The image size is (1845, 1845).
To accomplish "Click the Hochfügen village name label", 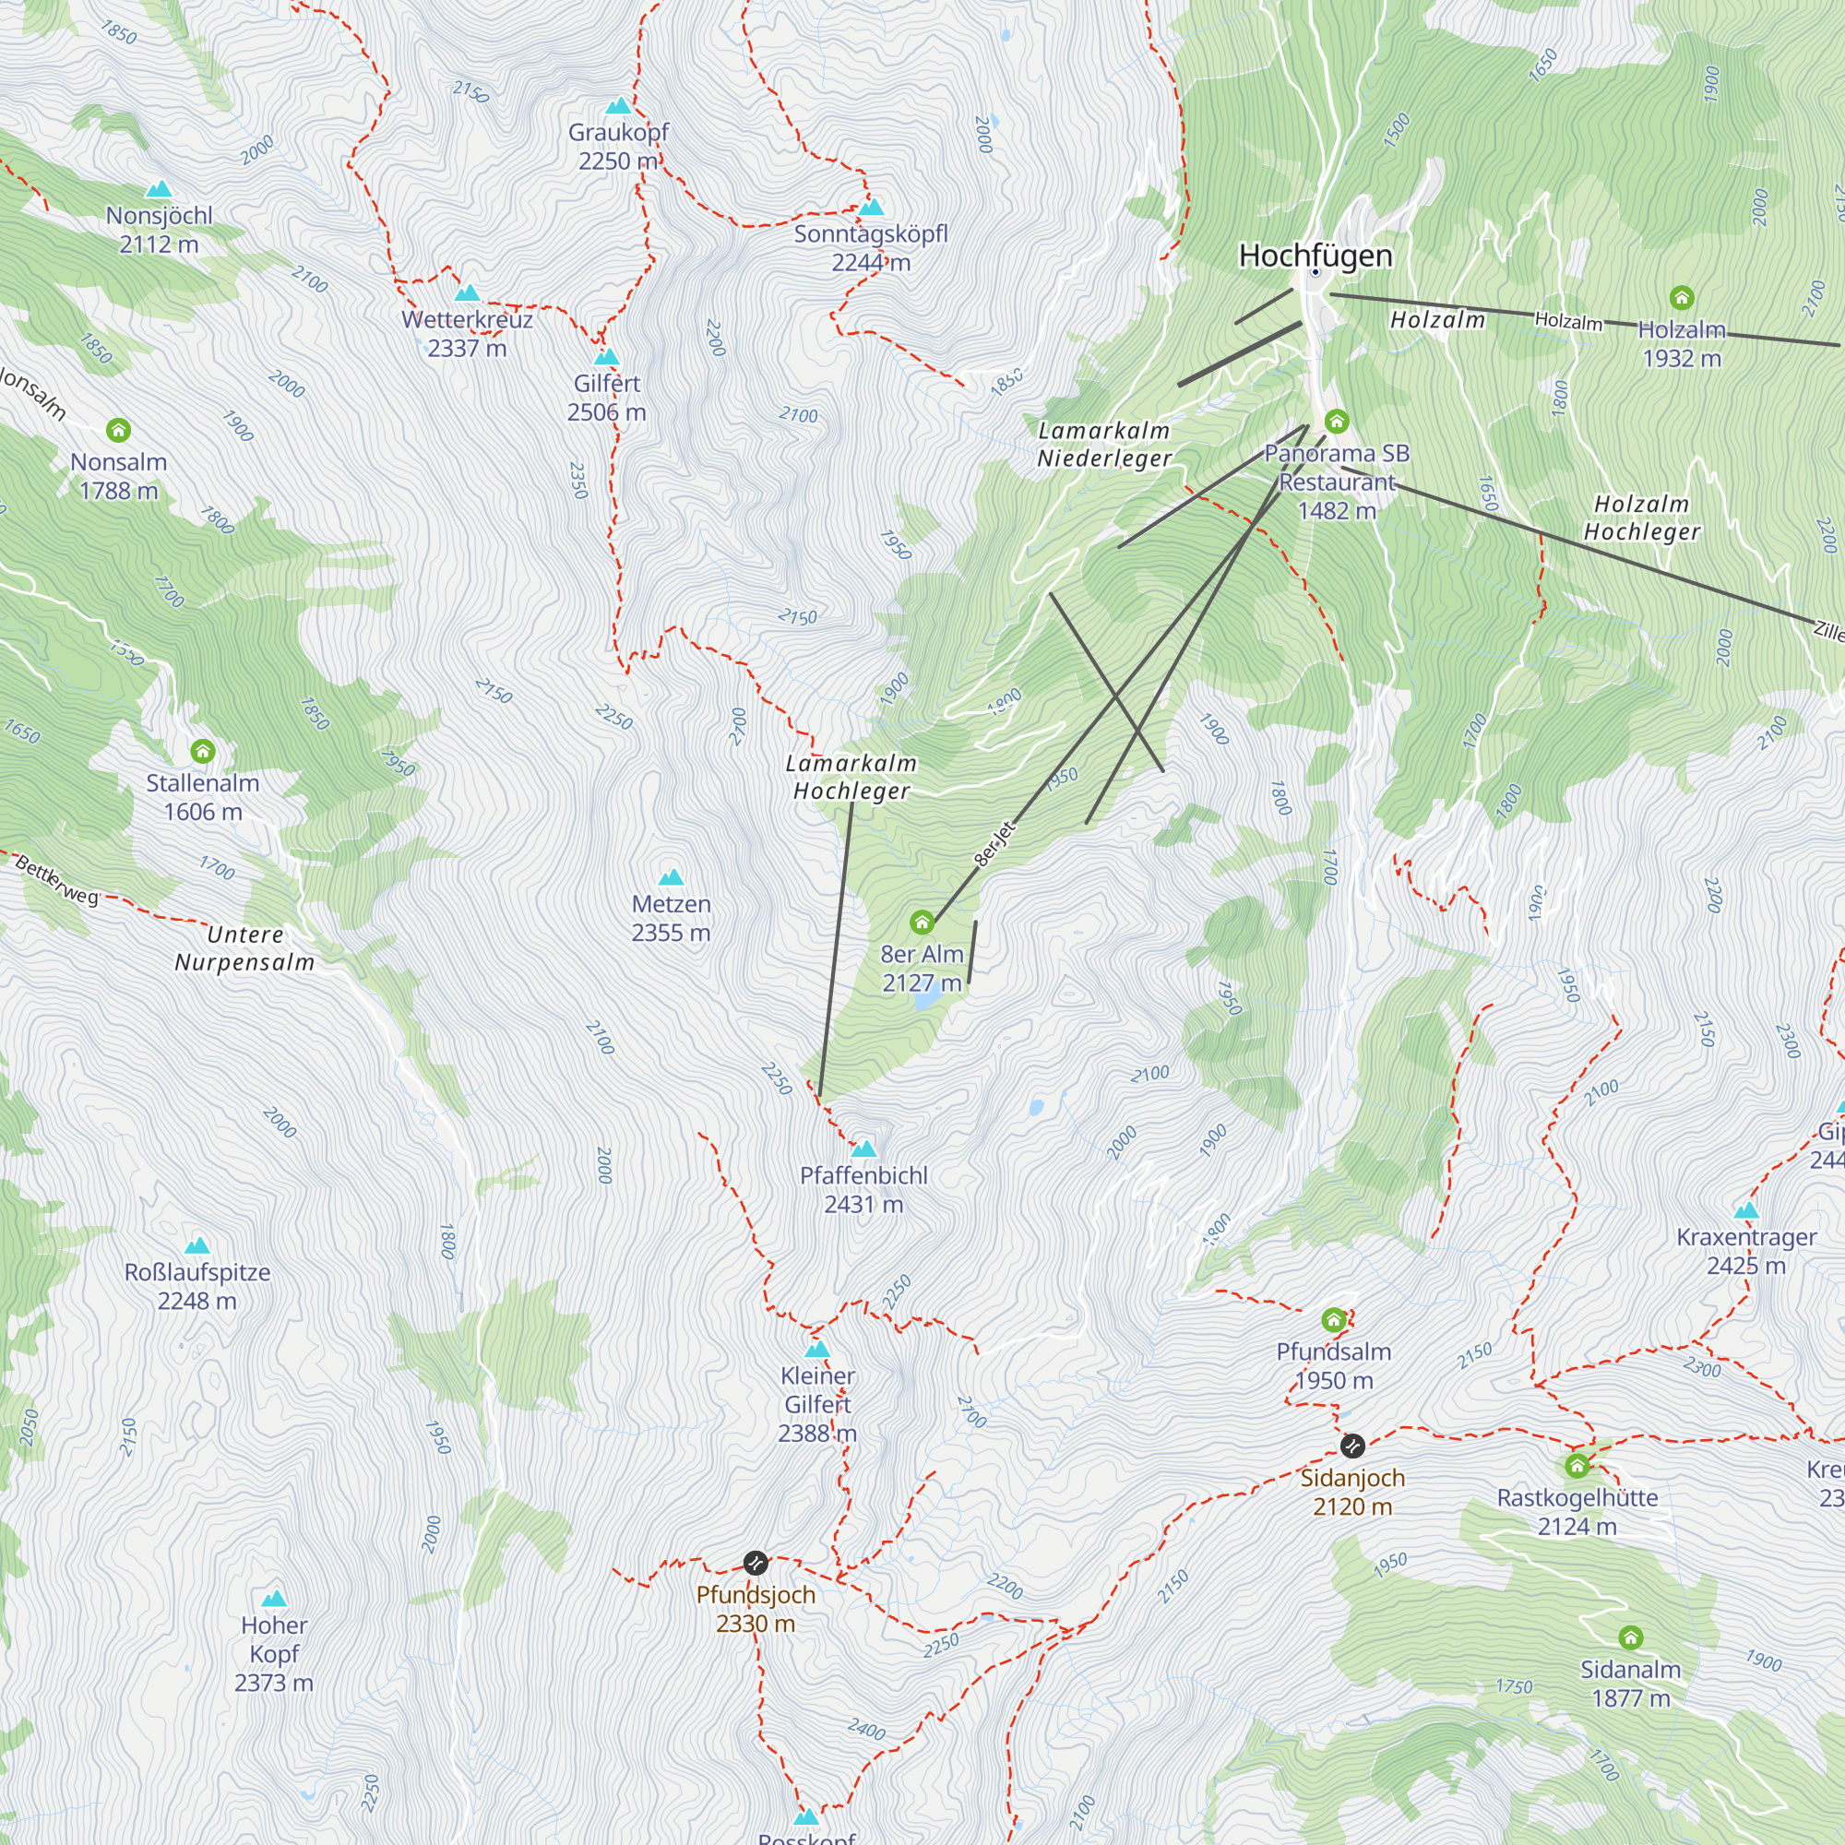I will click(1315, 255).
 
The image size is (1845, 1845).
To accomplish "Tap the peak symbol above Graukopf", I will click(619, 105).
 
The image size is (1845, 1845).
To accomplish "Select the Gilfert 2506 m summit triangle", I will click(606, 357).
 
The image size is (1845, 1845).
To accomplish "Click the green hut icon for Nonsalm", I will click(118, 430).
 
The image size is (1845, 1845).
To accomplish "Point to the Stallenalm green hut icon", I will click(202, 751).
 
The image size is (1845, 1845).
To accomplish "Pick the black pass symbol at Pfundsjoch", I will click(756, 1563).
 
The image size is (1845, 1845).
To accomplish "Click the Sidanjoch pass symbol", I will click(1352, 1446).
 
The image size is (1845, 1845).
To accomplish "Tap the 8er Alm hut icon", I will click(922, 922).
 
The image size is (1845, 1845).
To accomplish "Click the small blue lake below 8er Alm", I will click(925, 1001).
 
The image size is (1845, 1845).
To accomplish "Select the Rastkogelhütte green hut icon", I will click(1577, 1465).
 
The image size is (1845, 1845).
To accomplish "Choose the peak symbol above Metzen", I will click(672, 876).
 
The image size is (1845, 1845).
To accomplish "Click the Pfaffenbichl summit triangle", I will click(864, 1148).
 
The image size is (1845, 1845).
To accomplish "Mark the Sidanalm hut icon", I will click(1630, 1637).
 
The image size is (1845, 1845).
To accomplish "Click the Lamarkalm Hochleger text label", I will click(851, 777).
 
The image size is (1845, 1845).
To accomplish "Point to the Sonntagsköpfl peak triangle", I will click(871, 207).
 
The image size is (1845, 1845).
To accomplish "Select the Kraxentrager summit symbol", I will click(1745, 1210).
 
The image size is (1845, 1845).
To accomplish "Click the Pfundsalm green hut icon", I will click(1333, 1320).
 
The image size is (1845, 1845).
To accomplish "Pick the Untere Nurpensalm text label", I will click(244, 947).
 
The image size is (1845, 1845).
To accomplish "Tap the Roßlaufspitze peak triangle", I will click(196, 1245).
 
